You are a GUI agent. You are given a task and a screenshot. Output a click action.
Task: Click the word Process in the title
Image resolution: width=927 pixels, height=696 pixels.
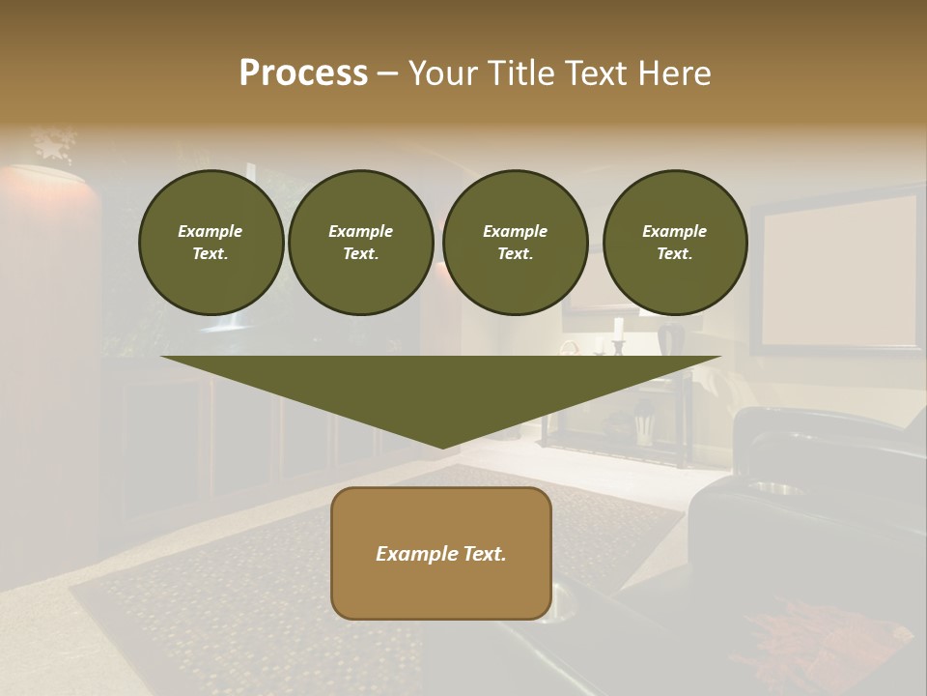coord(303,73)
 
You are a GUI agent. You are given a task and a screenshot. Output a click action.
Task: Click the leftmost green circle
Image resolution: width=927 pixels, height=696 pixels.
coord(211,243)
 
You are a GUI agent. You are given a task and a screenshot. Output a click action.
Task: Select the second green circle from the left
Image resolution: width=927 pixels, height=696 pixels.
coord(360,243)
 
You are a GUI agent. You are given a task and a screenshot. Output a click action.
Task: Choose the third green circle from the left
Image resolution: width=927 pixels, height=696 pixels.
coord(515,243)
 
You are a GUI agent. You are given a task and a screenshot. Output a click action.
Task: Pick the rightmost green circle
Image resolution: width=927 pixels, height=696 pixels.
coord(674,243)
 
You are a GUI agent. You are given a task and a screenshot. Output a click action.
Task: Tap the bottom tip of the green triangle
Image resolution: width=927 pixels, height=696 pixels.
coord(442,447)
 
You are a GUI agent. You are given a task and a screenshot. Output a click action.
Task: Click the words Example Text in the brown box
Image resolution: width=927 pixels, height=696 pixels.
coord(440,554)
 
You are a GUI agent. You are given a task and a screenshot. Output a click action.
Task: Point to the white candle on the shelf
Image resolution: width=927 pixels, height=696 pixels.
coord(618,329)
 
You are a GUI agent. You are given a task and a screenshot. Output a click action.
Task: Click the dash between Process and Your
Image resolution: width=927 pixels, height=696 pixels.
coord(387,73)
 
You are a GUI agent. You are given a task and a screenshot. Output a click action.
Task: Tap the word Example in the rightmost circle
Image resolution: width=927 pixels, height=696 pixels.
coord(674,231)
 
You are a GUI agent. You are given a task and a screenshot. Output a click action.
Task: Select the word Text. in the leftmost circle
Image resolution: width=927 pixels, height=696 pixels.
coord(211,254)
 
